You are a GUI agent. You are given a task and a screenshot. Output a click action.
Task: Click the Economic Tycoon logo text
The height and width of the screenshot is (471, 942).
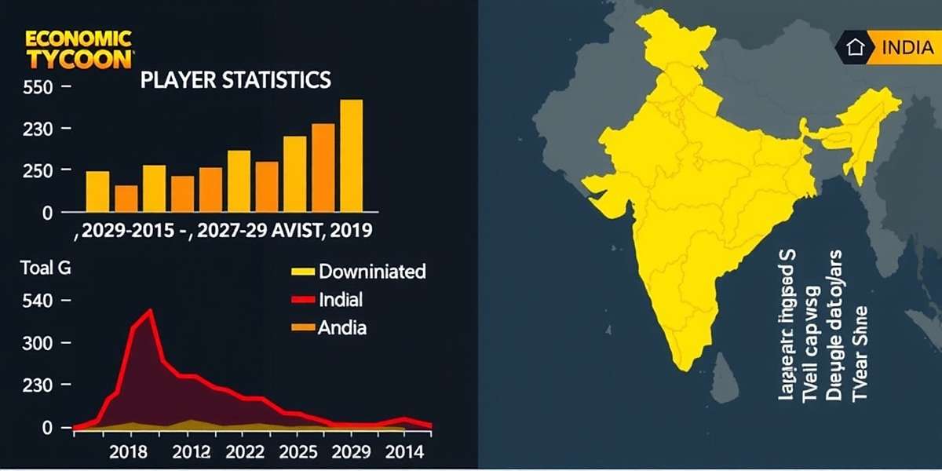(x=78, y=49)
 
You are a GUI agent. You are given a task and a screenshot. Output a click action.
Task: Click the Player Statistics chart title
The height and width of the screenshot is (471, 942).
(x=235, y=81)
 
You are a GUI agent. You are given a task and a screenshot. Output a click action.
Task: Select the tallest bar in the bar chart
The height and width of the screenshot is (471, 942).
(x=351, y=155)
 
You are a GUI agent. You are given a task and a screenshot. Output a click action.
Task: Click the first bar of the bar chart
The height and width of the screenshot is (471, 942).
(x=97, y=192)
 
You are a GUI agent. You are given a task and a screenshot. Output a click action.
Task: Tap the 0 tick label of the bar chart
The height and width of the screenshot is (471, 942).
(x=46, y=213)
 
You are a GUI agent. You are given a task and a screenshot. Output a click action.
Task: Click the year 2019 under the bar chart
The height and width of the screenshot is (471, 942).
(x=351, y=232)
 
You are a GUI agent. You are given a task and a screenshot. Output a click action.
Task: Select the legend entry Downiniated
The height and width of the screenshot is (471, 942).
(x=372, y=272)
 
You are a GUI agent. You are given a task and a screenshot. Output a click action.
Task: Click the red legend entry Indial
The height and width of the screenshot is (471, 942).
(x=341, y=300)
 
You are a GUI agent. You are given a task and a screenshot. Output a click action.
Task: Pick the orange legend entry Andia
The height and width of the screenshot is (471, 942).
(x=341, y=328)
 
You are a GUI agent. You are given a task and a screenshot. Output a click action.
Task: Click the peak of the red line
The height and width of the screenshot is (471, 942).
(x=150, y=311)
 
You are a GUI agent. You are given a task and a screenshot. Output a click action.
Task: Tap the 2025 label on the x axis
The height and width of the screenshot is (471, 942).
(x=298, y=452)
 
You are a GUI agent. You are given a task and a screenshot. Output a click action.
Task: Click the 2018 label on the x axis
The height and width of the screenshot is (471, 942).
(x=129, y=452)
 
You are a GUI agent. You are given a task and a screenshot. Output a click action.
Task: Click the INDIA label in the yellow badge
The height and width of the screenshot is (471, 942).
(x=907, y=47)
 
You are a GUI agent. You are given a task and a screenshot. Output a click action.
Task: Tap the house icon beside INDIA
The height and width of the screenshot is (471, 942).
(x=855, y=47)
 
